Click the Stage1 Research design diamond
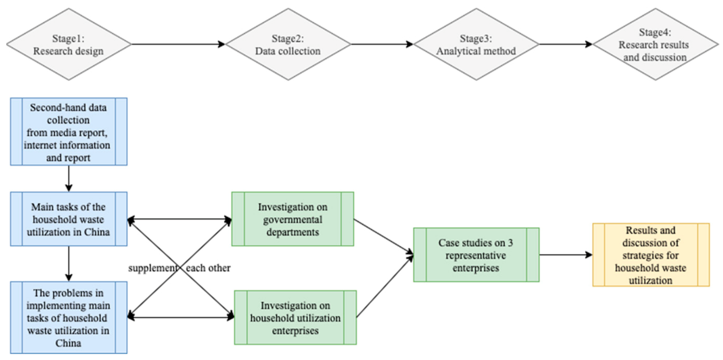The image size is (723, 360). pos(70,44)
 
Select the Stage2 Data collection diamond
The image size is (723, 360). pos(288,44)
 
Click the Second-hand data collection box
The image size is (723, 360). pos(68,131)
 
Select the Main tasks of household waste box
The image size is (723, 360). pos(68,219)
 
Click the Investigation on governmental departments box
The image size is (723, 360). pos(292,219)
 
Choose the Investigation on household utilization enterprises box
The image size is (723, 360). pos(295,318)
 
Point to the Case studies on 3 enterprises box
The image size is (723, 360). pos(476,254)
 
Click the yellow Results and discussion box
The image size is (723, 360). pos(651,255)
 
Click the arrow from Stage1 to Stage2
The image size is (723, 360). pos(178,44)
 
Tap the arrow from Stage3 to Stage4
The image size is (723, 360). pos(559,44)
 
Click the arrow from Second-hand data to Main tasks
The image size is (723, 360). pos(68,178)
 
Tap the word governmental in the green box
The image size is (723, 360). pos(292,219)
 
